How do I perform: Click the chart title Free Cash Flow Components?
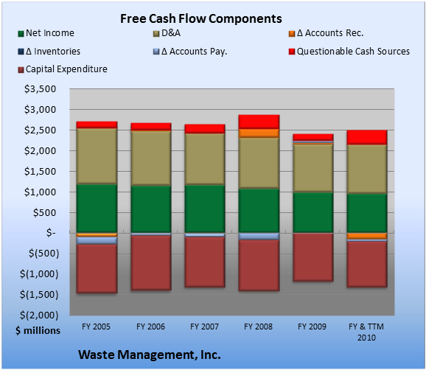point(201,18)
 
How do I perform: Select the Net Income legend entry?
point(46,33)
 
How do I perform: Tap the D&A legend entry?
point(167,33)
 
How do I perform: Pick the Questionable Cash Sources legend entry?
point(349,52)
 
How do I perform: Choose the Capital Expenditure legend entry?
point(63,69)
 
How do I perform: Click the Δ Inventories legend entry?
point(49,52)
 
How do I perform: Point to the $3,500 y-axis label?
point(41,89)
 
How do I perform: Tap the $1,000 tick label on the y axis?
point(41,192)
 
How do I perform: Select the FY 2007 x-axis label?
point(204,327)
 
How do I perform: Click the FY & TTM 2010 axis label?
point(366,332)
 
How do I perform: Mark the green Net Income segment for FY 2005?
point(97,209)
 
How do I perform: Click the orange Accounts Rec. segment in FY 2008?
point(259,133)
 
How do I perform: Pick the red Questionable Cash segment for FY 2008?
point(259,122)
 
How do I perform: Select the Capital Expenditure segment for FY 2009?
point(313,257)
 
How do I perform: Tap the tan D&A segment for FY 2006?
point(151,158)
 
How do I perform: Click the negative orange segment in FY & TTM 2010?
point(367,236)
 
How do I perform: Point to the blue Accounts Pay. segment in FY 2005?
point(97,240)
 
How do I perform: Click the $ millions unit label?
point(38,331)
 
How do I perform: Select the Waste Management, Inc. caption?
point(150,355)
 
